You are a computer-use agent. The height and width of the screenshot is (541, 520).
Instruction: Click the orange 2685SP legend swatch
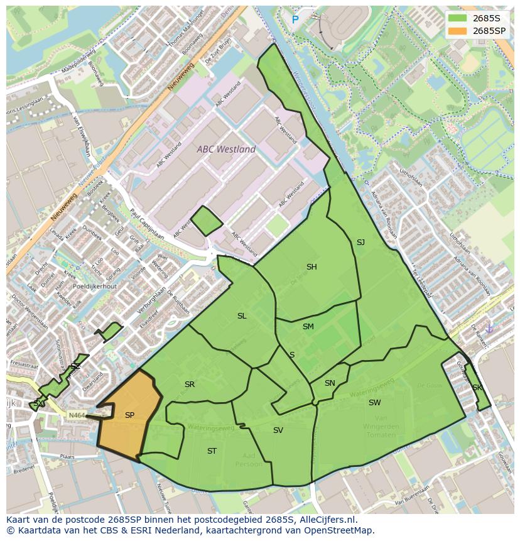458,30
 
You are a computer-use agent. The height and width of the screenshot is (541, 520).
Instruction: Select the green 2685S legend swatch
458,18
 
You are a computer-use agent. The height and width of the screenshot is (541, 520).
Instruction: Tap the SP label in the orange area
129,415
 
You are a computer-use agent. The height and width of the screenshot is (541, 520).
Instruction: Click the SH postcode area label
311,267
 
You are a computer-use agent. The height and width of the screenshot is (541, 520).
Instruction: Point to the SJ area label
360,243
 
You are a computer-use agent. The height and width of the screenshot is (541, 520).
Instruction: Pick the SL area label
242,316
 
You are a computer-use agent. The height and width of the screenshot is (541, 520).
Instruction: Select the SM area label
308,327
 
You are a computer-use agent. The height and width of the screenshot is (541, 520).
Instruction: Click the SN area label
330,383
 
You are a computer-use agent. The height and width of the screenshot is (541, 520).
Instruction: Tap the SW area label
374,403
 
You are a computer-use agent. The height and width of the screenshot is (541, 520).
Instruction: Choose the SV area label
278,430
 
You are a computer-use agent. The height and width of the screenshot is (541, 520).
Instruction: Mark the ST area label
212,451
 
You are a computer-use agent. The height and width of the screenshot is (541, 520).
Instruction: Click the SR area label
190,385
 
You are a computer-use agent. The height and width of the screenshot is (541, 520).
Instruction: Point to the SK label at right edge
477,388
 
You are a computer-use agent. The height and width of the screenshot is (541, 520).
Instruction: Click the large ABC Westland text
226,150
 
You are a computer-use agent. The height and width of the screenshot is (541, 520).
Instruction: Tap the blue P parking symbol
295,20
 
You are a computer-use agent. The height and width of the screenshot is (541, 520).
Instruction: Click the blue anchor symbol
490,328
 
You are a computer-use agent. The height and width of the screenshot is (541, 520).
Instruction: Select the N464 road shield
76,415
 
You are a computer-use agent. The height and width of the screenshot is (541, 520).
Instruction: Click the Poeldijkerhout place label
94,286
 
